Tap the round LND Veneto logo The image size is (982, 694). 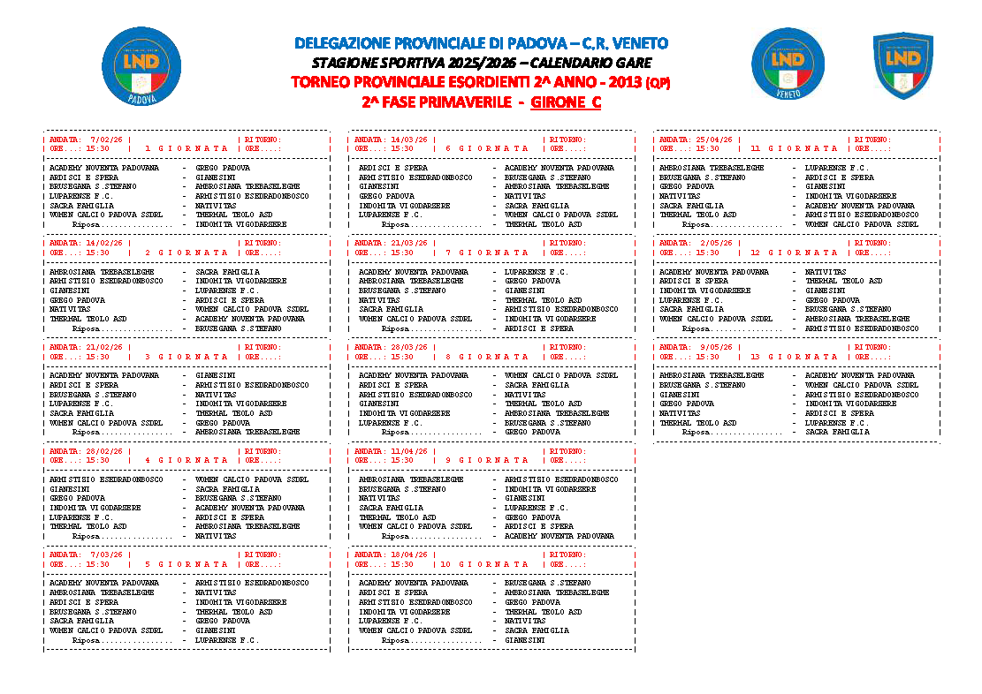(x=788, y=64)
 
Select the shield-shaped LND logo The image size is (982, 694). (x=902, y=65)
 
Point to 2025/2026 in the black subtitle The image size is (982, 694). (x=477, y=63)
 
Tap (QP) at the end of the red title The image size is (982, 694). (x=658, y=83)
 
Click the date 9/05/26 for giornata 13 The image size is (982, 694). (x=716, y=347)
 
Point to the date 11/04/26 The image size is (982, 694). (x=409, y=451)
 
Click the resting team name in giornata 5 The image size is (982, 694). (x=226, y=640)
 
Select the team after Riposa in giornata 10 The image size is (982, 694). (x=524, y=640)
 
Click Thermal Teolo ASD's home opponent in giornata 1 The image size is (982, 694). (x=106, y=215)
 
